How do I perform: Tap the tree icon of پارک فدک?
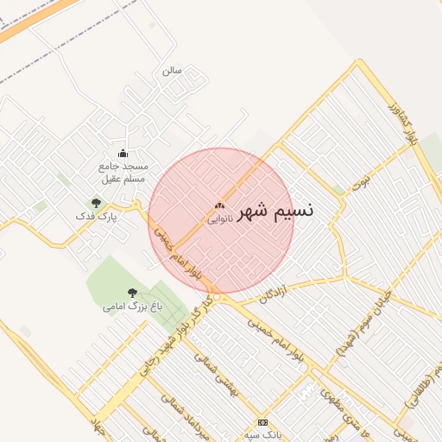tap(96, 203)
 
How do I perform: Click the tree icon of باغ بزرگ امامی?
tap(132, 293)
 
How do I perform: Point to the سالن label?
tap(172, 71)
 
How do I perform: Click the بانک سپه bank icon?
tap(262, 422)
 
